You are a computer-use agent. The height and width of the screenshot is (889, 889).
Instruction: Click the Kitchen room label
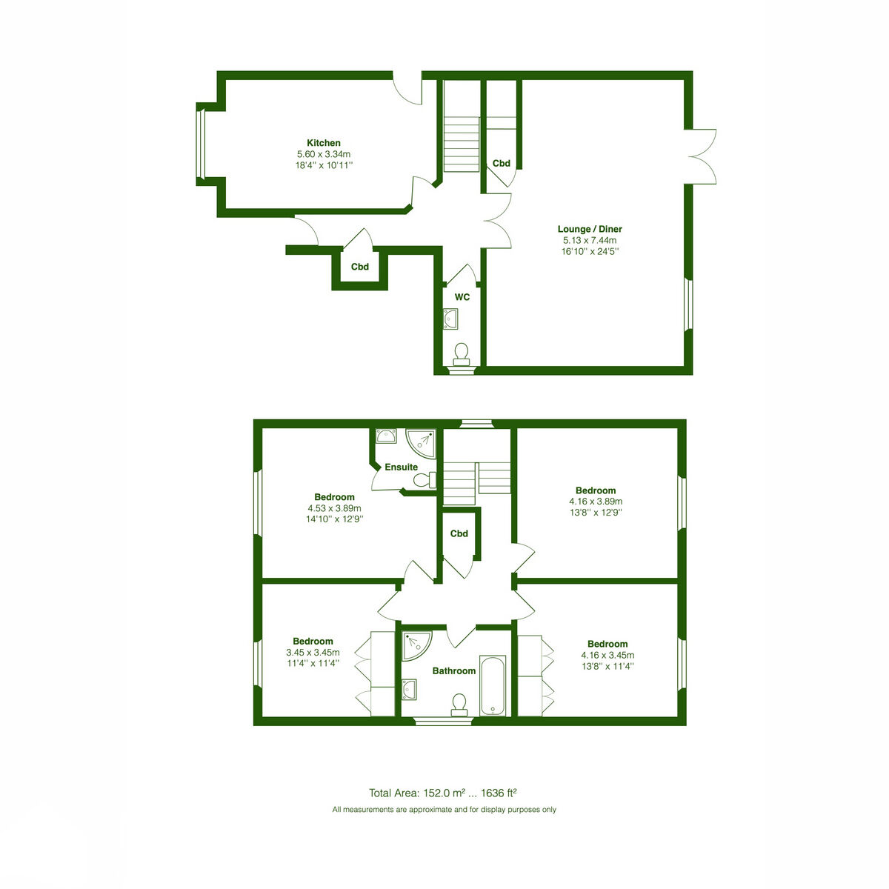(324, 143)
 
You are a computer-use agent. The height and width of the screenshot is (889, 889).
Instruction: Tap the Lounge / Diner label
(590, 229)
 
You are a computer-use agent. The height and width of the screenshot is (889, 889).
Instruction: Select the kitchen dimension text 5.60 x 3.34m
(324, 154)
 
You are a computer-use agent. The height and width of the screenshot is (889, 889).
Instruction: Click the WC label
(462, 297)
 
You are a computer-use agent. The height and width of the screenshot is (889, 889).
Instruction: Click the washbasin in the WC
(450, 319)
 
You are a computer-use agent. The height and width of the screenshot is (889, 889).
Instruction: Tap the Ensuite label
(401, 467)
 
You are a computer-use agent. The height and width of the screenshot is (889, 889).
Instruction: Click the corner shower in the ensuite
(421, 443)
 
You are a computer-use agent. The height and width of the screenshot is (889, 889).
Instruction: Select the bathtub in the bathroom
(493, 685)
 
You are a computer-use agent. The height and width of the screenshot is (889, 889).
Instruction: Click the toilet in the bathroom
(459, 705)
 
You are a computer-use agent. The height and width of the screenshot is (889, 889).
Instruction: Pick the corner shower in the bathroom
(416, 646)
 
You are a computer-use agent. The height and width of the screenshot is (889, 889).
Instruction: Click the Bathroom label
(454, 670)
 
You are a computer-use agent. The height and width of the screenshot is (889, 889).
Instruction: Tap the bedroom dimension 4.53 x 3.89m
(334, 508)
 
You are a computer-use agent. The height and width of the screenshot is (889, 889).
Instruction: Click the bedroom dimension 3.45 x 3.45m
(313, 653)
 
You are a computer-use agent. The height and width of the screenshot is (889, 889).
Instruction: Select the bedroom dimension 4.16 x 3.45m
(607, 655)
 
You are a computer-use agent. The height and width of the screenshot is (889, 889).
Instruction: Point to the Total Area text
(442, 793)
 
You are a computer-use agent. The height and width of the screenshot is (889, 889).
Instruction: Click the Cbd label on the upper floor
(459, 533)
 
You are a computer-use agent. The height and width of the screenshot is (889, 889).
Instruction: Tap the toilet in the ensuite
(424, 480)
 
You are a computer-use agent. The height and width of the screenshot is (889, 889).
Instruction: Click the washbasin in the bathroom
(409, 689)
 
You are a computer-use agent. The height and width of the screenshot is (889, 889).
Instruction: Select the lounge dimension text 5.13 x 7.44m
(590, 240)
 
